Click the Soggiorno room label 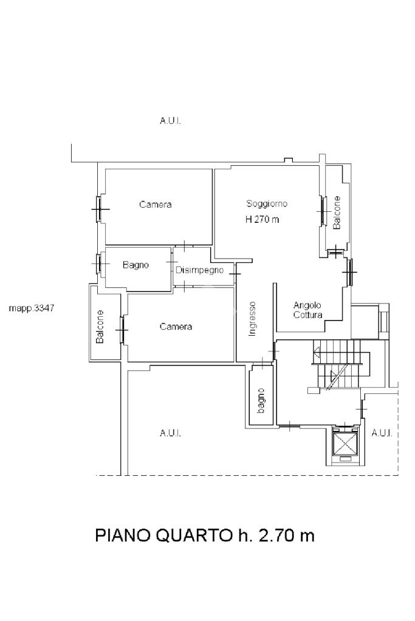point(267,204)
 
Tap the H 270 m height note point(262,219)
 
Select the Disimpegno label point(199,271)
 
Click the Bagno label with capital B point(135,265)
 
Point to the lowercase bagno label point(261,401)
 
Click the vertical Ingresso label point(252,319)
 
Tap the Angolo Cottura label point(307,310)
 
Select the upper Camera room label point(156,205)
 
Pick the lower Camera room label point(176,327)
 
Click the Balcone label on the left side point(100,327)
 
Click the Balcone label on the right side point(337,212)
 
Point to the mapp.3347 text point(32,308)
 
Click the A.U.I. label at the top point(171,121)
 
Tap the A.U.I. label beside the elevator point(382,433)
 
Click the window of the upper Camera point(99,208)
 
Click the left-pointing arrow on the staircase point(317,350)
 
